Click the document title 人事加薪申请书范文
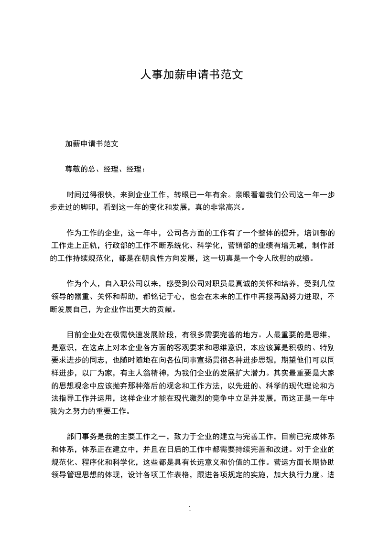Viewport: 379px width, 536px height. click(x=189, y=75)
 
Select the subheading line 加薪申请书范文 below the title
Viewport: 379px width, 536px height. click(x=92, y=143)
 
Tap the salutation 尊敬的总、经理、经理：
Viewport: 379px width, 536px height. click(x=105, y=169)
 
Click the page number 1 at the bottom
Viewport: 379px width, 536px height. click(x=190, y=509)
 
